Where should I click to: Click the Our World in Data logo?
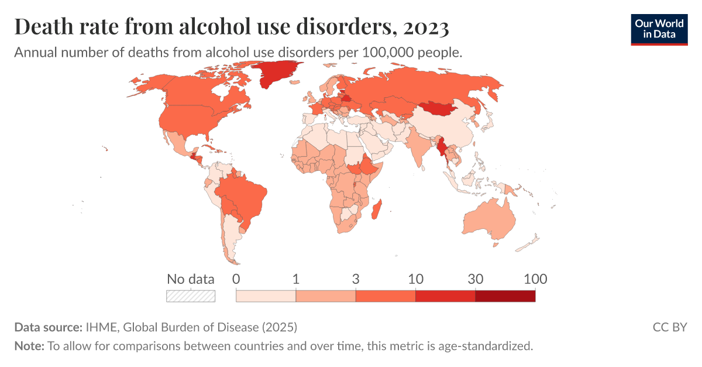tap(659, 29)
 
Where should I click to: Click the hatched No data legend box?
tap(191, 296)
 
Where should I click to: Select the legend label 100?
tap(535, 279)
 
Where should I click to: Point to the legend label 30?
tap(475, 279)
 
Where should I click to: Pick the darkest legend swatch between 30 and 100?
tap(505, 296)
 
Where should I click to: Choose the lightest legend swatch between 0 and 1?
tap(266, 296)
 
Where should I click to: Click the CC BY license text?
tap(669, 327)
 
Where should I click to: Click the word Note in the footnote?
tap(28, 346)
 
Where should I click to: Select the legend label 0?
tap(236, 279)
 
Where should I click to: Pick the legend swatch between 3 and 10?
tap(386, 296)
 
